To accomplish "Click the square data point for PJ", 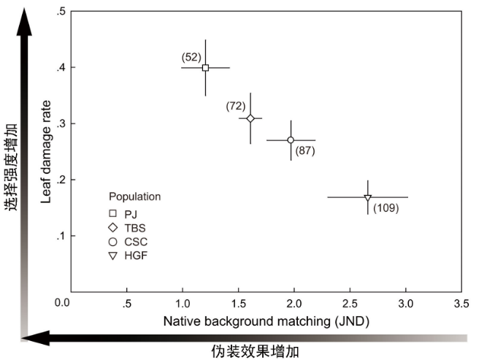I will (205, 68).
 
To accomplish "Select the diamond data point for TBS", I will (250, 118).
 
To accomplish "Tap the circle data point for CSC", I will (291, 140).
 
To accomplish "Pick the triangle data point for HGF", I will (368, 197).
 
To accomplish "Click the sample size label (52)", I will (191, 56).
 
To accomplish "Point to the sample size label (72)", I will (236, 106).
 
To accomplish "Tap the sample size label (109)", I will (386, 208).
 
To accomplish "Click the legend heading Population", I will (135, 196).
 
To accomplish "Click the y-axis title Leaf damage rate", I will (46, 152).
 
